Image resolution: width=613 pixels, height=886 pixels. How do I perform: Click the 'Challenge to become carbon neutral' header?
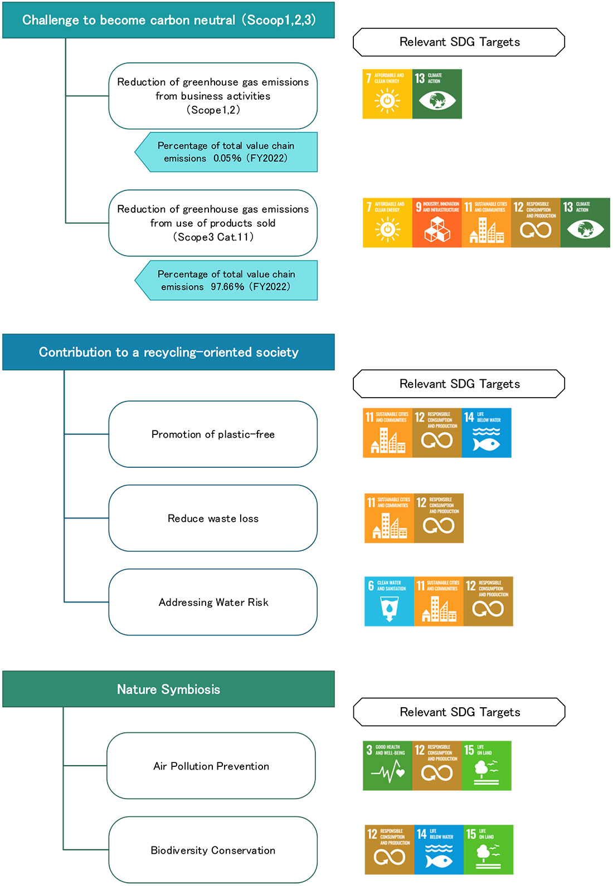tap(168, 20)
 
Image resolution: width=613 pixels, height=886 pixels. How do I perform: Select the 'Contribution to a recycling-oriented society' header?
tap(168, 352)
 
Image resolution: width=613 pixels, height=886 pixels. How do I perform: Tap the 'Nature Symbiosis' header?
tap(168, 689)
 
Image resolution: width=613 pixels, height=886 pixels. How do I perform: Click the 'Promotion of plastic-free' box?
tap(213, 434)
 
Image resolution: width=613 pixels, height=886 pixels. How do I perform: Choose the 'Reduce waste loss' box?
tap(213, 518)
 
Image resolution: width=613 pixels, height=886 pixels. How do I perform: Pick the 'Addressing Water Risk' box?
tap(213, 602)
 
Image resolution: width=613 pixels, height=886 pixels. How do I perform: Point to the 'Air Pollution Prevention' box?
tap(211, 766)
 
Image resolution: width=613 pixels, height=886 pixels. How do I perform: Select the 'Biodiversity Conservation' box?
tap(213, 850)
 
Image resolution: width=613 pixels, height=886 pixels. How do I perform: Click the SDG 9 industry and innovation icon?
tap(437, 223)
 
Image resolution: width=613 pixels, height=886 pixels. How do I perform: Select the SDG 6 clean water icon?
tap(389, 601)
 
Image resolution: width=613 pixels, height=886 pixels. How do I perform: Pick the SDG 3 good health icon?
tap(387, 766)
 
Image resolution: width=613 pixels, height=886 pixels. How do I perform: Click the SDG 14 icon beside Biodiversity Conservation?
tap(439, 850)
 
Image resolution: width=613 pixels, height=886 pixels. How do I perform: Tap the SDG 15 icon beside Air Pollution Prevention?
tap(486, 766)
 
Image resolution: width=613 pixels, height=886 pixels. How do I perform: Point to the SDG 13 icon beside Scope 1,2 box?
tap(437, 94)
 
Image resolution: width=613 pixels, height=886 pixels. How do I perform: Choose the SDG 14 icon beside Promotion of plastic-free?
tap(486, 433)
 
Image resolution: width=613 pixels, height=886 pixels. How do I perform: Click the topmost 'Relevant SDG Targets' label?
tap(459, 42)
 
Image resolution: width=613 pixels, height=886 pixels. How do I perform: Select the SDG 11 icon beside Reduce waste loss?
tap(389, 518)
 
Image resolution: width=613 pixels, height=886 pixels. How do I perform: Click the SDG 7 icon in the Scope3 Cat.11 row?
tap(387, 223)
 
